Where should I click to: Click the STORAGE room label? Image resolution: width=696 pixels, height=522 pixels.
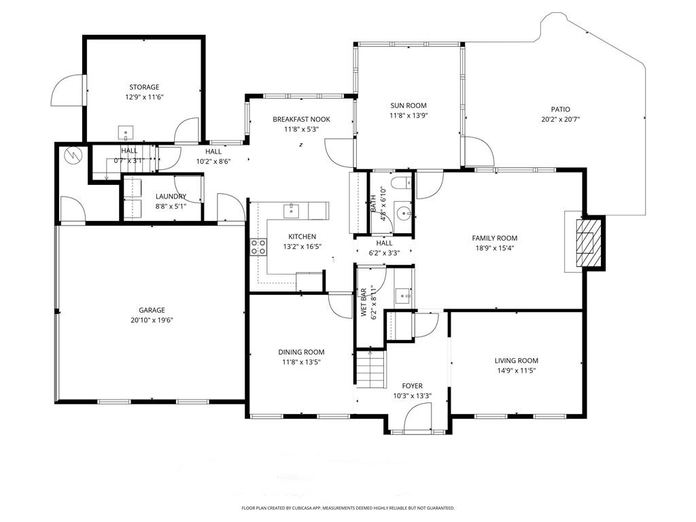tap(144, 87)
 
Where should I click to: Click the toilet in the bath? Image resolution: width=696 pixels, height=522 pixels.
tap(405, 181)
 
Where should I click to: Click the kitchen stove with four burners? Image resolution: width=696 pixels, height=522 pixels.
tap(258, 247)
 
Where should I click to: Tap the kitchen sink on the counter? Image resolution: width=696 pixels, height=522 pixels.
tap(292, 209)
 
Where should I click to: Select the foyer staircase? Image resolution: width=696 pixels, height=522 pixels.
tap(370, 370)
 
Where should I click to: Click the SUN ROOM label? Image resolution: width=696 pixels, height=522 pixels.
tap(408, 105)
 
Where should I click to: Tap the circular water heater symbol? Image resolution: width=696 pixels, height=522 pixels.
tap(72, 156)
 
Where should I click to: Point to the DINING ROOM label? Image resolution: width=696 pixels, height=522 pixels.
tap(301, 352)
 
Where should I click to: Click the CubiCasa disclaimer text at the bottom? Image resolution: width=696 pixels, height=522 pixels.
tap(348, 508)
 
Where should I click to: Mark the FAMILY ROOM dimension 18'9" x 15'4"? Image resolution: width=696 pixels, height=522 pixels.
tap(495, 248)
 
